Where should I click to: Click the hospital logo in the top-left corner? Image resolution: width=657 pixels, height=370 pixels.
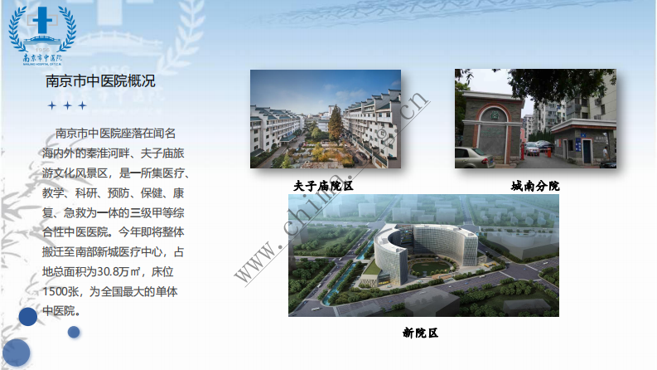coord(41,35)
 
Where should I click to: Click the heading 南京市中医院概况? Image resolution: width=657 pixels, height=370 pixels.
coord(100,81)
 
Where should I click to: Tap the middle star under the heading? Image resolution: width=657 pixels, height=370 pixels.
coord(67,105)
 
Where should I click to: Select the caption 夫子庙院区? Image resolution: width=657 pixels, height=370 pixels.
coord(323,186)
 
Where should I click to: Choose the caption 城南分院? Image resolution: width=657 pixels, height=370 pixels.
coord(534,186)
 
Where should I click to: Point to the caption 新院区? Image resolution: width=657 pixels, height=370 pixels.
coord(420,333)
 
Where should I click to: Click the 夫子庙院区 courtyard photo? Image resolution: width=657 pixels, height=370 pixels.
coord(325,119)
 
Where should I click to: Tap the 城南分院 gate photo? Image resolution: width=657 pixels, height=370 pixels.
coord(534,119)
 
